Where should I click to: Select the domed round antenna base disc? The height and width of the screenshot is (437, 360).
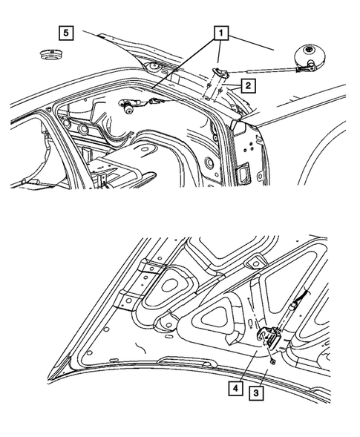[309, 56]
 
